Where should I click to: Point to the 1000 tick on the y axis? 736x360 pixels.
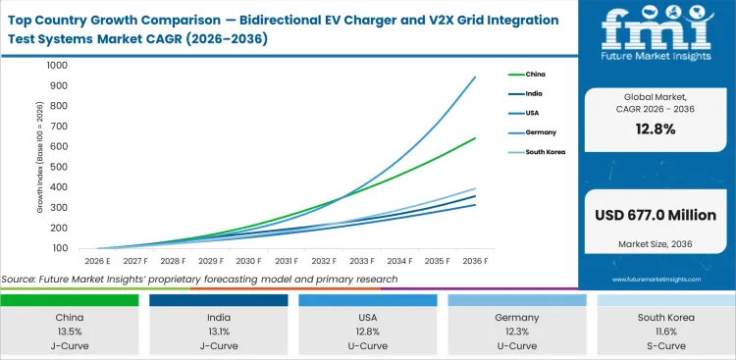55,66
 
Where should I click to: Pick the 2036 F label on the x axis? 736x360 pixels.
475,261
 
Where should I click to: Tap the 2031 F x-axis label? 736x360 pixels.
286,261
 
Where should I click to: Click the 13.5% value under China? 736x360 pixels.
70,331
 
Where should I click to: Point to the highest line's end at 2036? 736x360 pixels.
475,77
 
